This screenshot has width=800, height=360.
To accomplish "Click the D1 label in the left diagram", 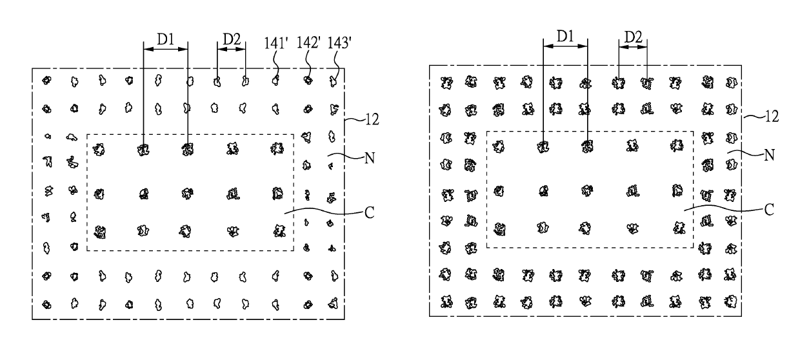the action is [x=165, y=39].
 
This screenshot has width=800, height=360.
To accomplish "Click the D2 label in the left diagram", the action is [x=232, y=39].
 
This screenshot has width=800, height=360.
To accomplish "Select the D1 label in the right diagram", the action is [x=565, y=36].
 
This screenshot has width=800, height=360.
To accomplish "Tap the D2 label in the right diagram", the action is [x=633, y=37].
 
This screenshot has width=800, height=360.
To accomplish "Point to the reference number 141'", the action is [x=275, y=43].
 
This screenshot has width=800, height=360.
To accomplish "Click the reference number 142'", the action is [x=308, y=43].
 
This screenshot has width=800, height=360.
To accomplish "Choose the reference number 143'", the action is [x=339, y=43].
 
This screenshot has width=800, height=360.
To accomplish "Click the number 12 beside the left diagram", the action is [x=372, y=119].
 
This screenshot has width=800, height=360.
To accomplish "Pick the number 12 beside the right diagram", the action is [x=772, y=116].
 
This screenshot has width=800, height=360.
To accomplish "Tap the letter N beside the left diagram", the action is [x=370, y=158].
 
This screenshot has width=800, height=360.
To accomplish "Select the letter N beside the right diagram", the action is [x=769, y=155].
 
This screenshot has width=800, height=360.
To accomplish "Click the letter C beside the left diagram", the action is [x=369, y=213].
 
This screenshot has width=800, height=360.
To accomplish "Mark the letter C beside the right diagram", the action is [x=769, y=210].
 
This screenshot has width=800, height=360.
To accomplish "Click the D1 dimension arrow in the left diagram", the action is [x=166, y=49].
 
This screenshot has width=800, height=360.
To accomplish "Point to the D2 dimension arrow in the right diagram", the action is [x=633, y=47].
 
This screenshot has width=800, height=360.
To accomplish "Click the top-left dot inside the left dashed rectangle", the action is [x=99, y=149].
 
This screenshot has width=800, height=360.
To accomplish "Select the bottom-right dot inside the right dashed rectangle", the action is [x=679, y=228].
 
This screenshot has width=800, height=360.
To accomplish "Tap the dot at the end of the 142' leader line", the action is [x=308, y=80].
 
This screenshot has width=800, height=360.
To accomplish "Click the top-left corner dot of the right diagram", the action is [x=446, y=83].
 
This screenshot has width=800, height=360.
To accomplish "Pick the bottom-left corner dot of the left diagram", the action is [x=46, y=305].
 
